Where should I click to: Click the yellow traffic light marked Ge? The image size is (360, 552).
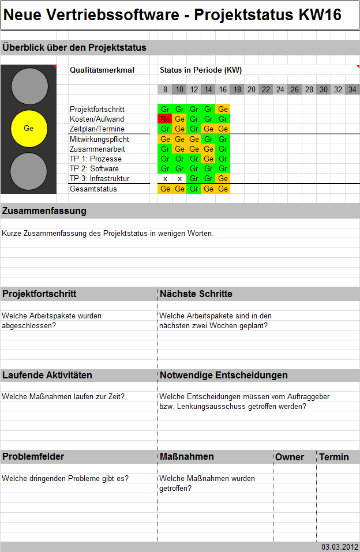point(29,128)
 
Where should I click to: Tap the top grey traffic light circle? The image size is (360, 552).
point(29,87)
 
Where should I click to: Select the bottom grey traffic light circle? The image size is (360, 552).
point(29,171)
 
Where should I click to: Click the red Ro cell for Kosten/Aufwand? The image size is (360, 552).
point(165,119)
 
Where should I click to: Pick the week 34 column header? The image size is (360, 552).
point(352,89)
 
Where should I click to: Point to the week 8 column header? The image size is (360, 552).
point(165,89)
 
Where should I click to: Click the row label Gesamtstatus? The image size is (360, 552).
point(93,189)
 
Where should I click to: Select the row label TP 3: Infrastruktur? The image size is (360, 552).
point(99,179)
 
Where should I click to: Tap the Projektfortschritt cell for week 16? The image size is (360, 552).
point(223,109)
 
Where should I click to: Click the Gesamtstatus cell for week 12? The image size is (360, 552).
point(194,189)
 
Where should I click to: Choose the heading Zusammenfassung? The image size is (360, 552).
point(44,211)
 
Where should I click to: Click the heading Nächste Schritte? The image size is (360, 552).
point(196,294)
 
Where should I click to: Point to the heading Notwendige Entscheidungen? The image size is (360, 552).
point(224,375)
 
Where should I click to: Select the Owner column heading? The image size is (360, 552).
point(290,457)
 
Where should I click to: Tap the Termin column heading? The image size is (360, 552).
point(334,457)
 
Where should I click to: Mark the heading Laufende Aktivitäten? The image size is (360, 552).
point(47,375)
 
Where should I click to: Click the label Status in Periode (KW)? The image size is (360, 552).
point(201,70)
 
